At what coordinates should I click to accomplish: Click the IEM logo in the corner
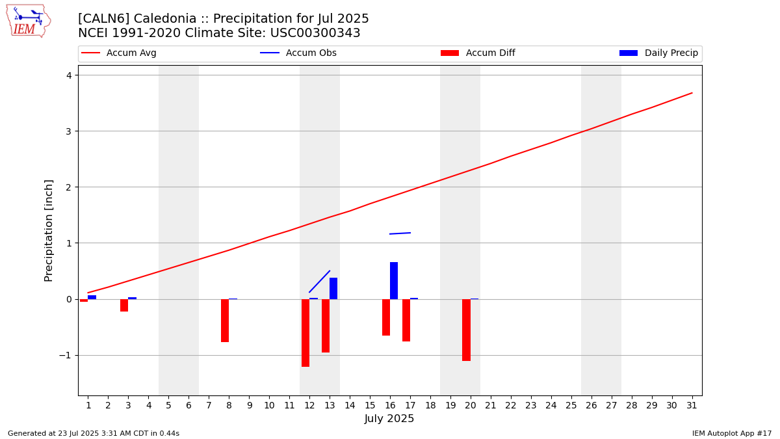coord(29,21)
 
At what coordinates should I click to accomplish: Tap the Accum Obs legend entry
coord(298,53)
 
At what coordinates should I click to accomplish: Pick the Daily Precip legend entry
coord(658,53)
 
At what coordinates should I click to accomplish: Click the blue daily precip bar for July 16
coord(394,280)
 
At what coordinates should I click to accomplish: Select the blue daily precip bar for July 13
coord(333,288)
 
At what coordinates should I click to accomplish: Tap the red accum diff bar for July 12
coord(305,332)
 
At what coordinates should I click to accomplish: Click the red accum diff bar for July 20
coord(466,330)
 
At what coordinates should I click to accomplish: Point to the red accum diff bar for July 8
coord(225,321)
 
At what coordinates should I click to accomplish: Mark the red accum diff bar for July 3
coord(124,305)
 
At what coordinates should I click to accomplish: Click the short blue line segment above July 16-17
coord(400,233)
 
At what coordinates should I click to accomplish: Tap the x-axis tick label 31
coord(692,406)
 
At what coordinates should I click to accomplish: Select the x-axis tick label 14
coord(350,406)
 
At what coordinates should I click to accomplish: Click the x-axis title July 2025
coord(389,419)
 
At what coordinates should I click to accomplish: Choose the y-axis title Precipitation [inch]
coord(49,230)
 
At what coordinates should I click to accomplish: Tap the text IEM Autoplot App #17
coord(731,433)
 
